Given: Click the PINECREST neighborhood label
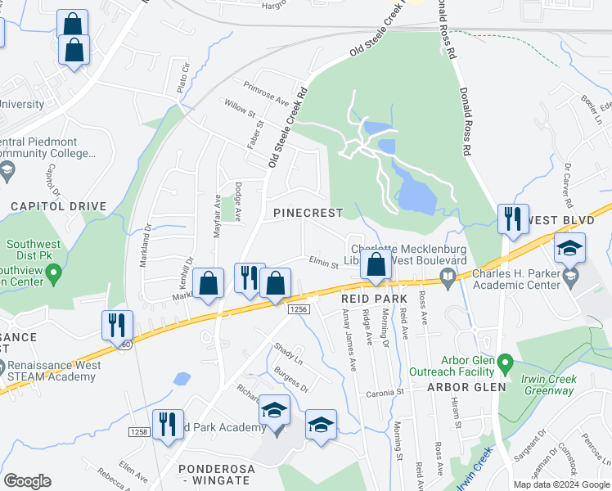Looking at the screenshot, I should pyautogui.click(x=308, y=213).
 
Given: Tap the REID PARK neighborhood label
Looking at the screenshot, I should pyautogui.click(x=374, y=300).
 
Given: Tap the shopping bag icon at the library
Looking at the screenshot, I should pyautogui.click(x=376, y=265).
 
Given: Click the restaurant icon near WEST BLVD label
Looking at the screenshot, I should pyautogui.click(x=513, y=218).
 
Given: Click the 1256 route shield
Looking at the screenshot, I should pyautogui.click(x=298, y=309).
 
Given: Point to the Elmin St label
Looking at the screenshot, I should pyautogui.click(x=323, y=264).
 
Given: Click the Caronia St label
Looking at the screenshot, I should pyautogui.click(x=385, y=393).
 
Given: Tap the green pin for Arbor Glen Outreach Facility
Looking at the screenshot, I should pyautogui.click(x=505, y=361).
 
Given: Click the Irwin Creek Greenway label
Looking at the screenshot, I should pyautogui.click(x=549, y=385).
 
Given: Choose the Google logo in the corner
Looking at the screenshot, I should pyautogui.click(x=27, y=481).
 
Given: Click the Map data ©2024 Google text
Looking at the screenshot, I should pyautogui.click(x=562, y=484).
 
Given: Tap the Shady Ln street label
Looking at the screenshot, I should pyautogui.click(x=288, y=354).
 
